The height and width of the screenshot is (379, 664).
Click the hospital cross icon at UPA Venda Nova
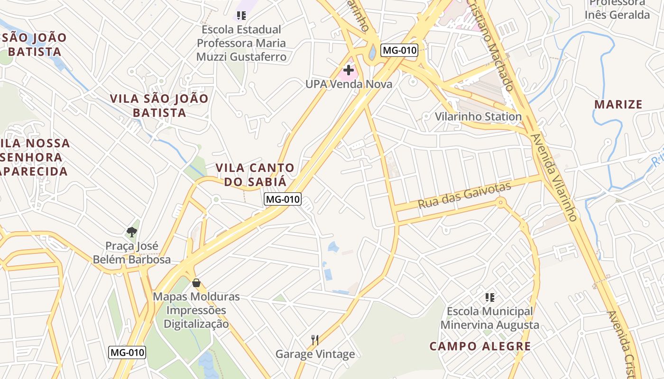[x=349, y=71]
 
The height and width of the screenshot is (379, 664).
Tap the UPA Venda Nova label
[x=349, y=84]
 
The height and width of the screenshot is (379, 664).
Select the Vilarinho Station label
[x=478, y=117]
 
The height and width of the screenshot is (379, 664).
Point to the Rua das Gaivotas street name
[x=464, y=195]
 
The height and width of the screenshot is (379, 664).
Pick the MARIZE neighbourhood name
[x=618, y=105]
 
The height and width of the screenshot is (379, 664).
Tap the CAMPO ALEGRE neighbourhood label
[x=480, y=346]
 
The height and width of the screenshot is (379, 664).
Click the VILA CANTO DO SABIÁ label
[x=255, y=174]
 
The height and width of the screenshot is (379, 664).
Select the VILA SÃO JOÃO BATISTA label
[x=159, y=106]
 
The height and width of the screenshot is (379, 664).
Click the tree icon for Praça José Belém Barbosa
[x=132, y=232]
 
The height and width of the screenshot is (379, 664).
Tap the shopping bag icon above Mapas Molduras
[x=196, y=283]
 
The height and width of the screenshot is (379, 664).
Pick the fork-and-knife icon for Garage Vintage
[x=314, y=340]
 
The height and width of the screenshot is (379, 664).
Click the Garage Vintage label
[x=315, y=354]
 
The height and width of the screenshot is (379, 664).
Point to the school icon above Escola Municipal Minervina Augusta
[x=490, y=298]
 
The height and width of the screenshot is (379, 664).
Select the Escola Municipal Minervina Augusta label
[x=490, y=318]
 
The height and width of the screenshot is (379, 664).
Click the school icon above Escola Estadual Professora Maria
[x=241, y=16]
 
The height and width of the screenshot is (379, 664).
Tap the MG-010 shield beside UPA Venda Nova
[x=399, y=50]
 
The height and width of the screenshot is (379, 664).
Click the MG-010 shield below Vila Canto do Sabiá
[x=283, y=199]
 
